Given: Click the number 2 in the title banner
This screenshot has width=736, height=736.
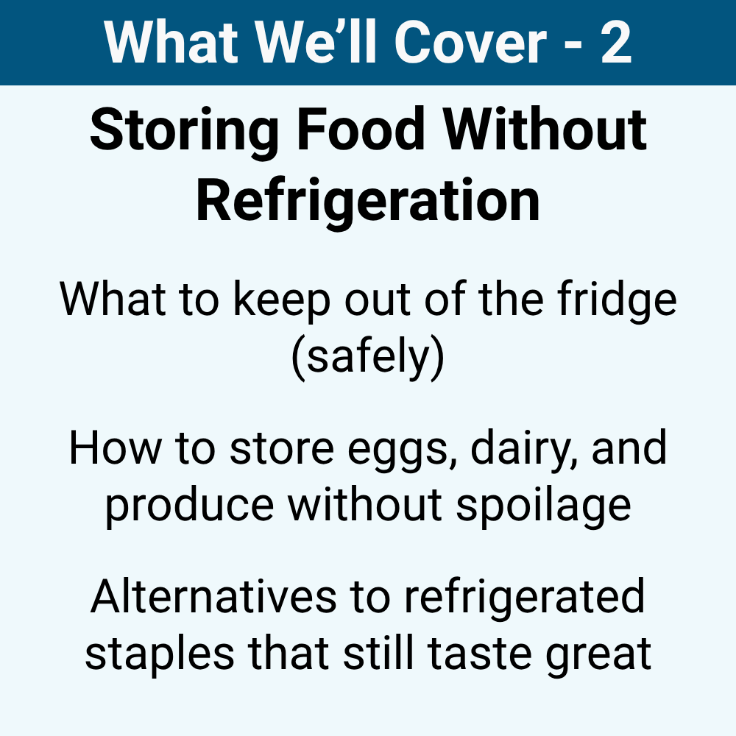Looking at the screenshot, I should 615,43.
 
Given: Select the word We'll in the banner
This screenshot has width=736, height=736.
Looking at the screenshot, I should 307,43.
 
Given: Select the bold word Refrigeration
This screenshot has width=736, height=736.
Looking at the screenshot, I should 368,200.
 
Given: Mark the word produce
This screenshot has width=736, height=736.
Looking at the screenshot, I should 190,504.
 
